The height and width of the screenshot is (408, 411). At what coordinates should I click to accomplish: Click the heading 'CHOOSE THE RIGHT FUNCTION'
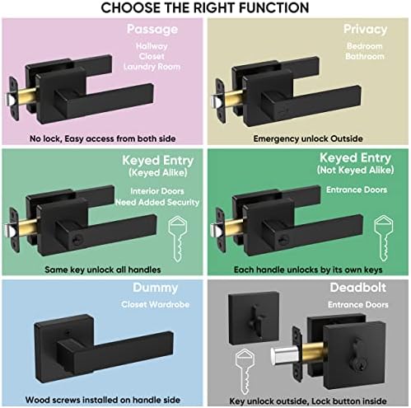(205, 8)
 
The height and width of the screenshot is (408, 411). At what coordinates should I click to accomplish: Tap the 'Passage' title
(152, 30)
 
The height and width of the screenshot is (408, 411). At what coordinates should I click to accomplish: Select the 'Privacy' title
(365, 30)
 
